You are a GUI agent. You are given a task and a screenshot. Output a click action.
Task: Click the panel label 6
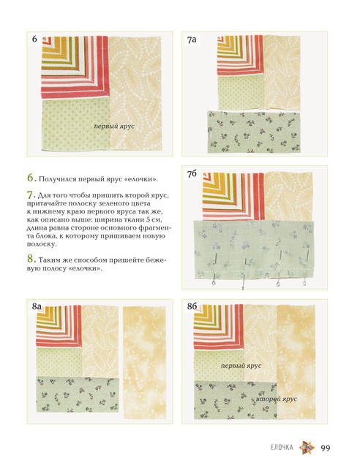(x=34, y=39)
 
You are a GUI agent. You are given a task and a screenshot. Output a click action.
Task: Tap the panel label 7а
(x=192, y=39)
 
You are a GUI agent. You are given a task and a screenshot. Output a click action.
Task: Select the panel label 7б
(x=192, y=173)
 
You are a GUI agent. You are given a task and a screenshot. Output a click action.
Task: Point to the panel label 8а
(x=37, y=306)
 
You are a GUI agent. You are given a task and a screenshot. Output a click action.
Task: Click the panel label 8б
(x=192, y=306)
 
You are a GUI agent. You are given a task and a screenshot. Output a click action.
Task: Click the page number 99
(x=326, y=448)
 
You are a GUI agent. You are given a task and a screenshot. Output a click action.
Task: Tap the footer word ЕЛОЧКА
(x=282, y=448)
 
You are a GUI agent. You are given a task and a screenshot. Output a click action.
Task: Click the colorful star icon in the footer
(x=307, y=448)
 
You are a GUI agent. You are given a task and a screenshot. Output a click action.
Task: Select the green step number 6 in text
(x=31, y=178)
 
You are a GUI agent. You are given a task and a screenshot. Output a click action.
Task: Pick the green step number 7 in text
(x=31, y=195)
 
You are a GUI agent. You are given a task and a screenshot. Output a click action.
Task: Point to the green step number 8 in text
(x=31, y=259)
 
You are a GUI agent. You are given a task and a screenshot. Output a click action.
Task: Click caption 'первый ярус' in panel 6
(x=114, y=127)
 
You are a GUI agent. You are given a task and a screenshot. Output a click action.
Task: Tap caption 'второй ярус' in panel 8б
(x=277, y=399)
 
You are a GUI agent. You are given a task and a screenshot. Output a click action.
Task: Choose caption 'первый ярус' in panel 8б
(x=241, y=366)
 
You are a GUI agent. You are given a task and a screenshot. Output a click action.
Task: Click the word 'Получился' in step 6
(x=57, y=179)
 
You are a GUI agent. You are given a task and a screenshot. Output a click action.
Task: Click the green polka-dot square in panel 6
(x=75, y=124)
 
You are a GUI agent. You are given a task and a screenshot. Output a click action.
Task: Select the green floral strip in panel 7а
(x=254, y=132)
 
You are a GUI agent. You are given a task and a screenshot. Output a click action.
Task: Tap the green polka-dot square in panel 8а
(x=59, y=362)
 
